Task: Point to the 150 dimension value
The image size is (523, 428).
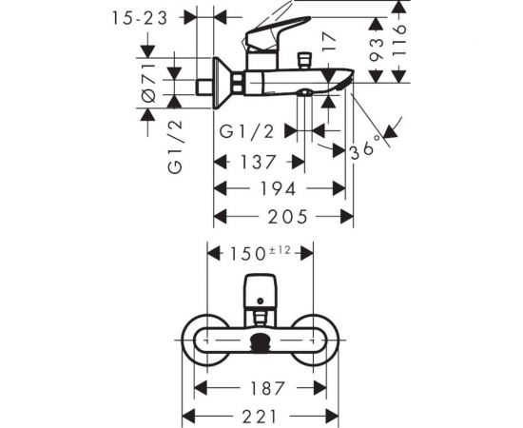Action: tap(249, 254)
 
